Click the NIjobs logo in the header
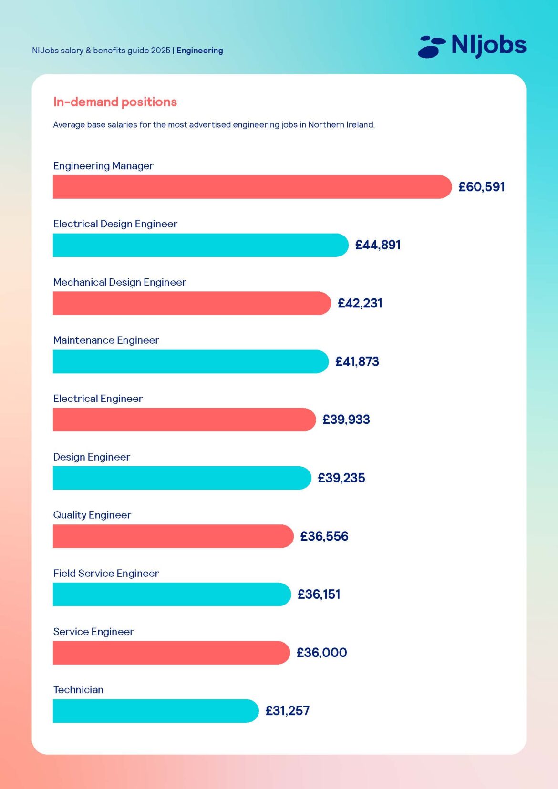point(472,46)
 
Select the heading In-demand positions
point(115,102)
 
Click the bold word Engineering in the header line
point(199,51)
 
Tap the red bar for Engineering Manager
point(251,187)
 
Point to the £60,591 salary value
point(481,187)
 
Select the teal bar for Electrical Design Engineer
point(200,245)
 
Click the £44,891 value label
point(378,245)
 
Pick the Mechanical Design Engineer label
point(119,282)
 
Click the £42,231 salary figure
point(360,303)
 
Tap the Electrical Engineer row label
point(98,399)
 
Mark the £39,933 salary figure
point(346,420)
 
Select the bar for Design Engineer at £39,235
point(181,478)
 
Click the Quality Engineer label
point(92,515)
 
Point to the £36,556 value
point(324,536)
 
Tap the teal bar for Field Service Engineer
point(171,594)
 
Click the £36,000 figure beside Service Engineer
point(321,653)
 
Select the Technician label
point(78,690)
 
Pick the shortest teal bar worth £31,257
point(155,711)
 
